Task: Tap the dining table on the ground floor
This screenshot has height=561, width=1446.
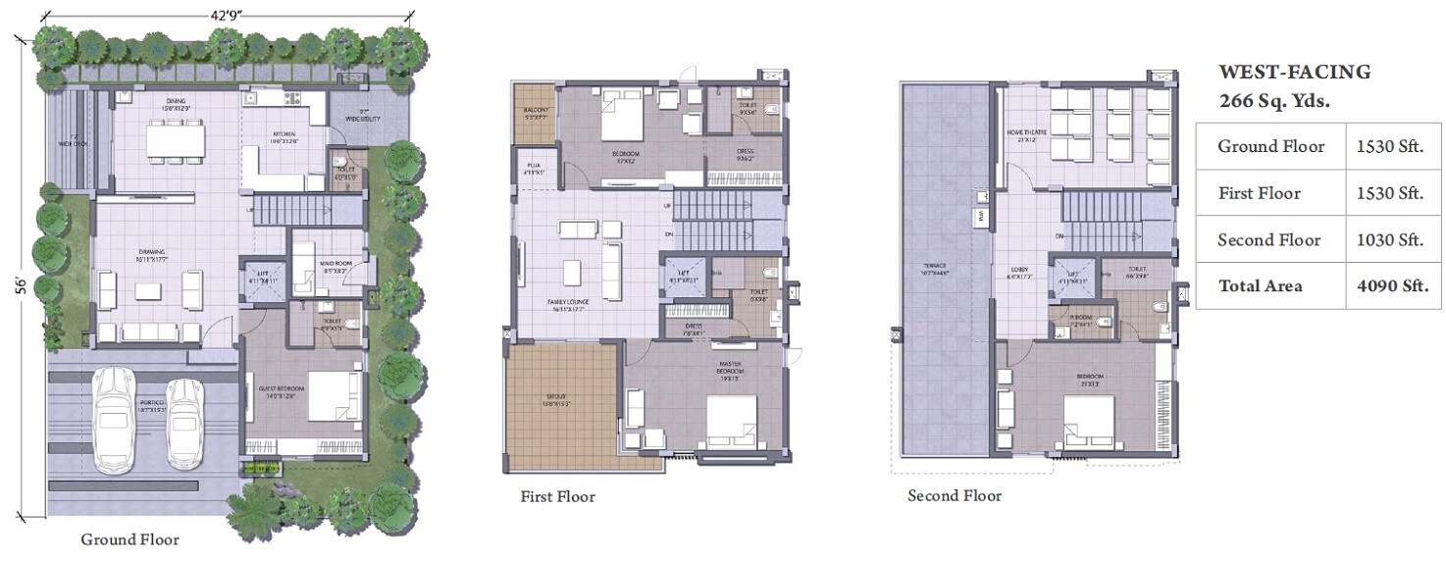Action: click(x=177, y=140)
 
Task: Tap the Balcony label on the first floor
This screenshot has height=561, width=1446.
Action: click(x=535, y=112)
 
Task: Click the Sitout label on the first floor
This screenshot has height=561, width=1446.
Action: click(x=556, y=400)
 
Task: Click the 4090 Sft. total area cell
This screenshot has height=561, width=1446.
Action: click(x=1390, y=286)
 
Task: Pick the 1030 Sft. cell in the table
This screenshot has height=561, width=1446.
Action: click(x=1390, y=240)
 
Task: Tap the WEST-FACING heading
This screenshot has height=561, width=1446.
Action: click(x=1294, y=73)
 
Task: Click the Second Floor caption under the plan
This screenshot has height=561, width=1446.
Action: click(x=955, y=496)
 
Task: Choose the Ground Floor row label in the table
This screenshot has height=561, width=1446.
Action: click(x=1270, y=147)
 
